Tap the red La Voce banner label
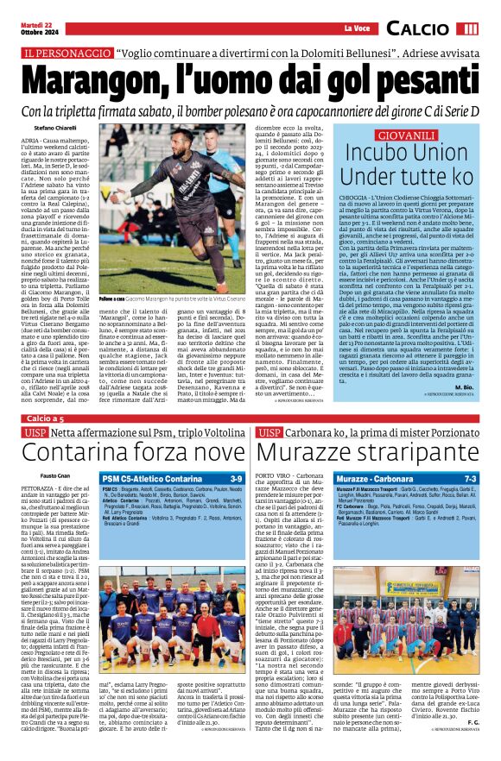coord(356,29)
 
